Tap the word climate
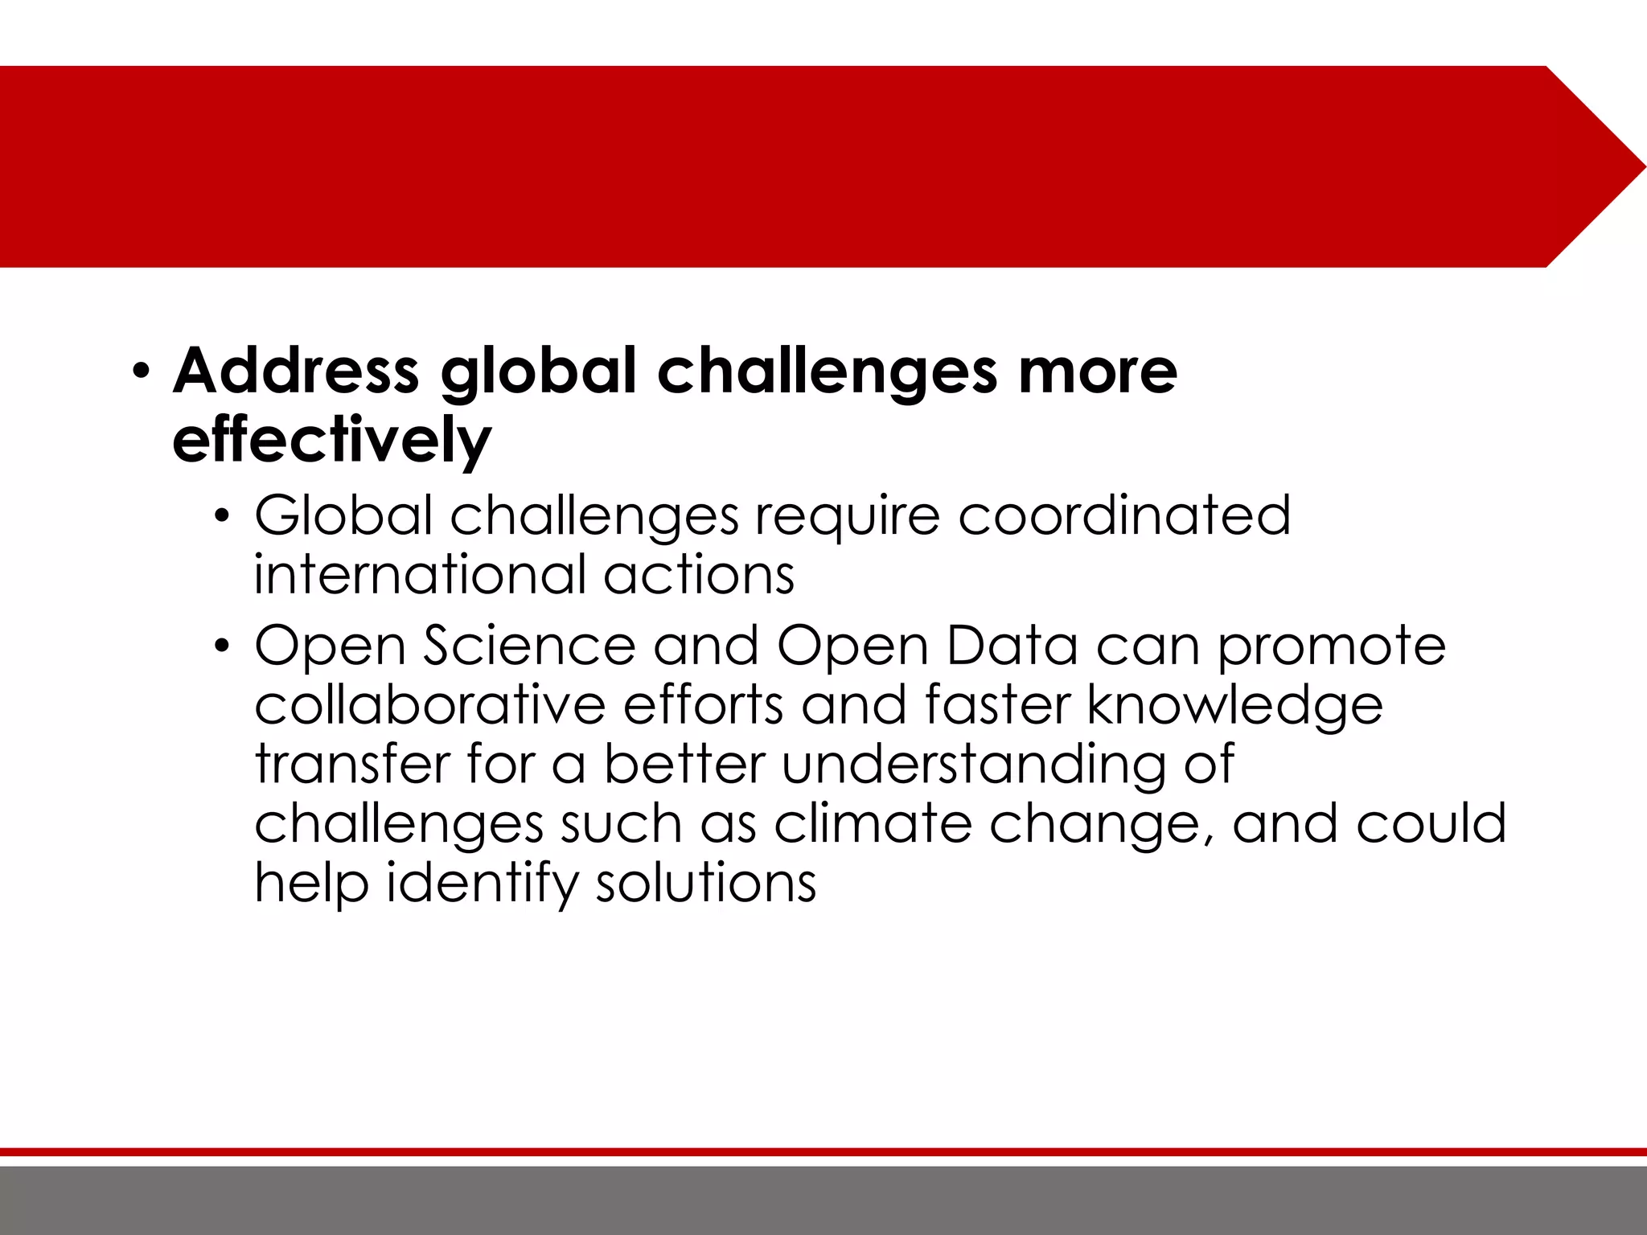[873, 823]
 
